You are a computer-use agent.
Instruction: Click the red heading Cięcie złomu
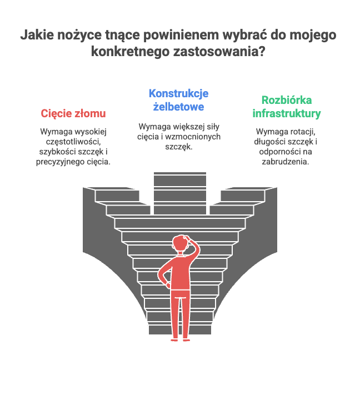(x=73, y=113)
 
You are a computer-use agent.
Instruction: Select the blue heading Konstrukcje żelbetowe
(x=178, y=100)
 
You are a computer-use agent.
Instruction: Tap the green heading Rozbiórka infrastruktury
(x=287, y=107)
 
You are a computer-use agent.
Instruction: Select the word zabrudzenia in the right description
(x=286, y=162)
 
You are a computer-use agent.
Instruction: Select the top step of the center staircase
(x=180, y=179)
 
